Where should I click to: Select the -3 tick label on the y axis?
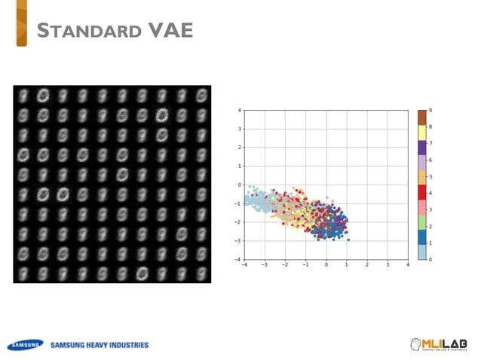pos(238,241)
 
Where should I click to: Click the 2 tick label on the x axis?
pos(367,264)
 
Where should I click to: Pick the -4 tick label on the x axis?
pos(244,264)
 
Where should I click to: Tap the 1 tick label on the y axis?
pos(240,166)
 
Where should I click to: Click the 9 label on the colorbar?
pos(430,111)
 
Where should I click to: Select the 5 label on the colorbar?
pos(430,176)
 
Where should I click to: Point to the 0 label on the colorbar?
pos(430,259)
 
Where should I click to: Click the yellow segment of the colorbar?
pos(423,133)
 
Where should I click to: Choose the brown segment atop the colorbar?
pos(423,118)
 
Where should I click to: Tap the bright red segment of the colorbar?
pos(423,192)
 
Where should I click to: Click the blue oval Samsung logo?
pos(24,345)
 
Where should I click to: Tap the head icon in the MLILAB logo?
pos(415,344)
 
